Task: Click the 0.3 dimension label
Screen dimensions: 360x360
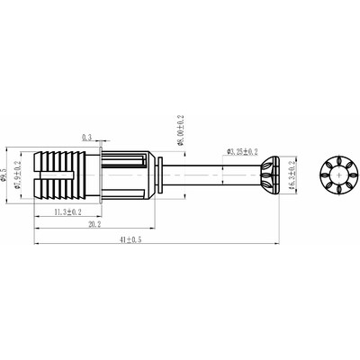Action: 86,137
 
